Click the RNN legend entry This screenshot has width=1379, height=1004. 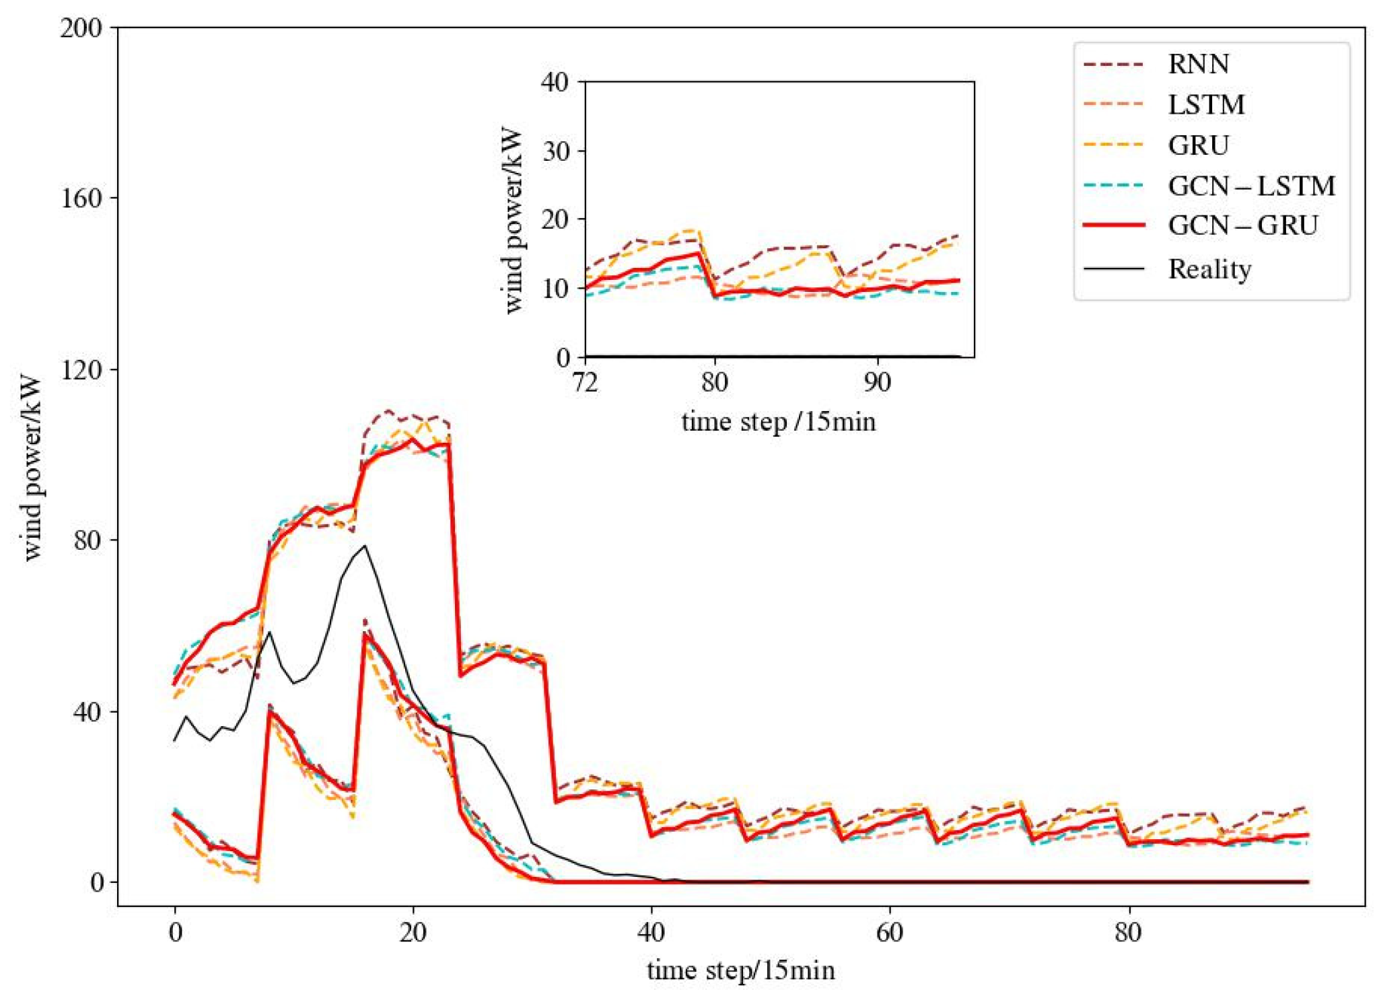point(1198,64)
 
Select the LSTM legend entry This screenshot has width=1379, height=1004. point(1205,104)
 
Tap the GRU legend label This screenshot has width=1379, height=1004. point(1198,145)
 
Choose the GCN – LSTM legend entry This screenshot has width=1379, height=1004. point(1250,186)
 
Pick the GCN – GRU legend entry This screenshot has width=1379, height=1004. point(1242,225)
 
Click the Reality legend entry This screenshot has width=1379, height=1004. point(1209,268)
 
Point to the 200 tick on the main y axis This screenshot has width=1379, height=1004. point(81,28)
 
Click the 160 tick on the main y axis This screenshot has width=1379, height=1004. point(81,199)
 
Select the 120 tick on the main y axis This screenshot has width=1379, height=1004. point(81,369)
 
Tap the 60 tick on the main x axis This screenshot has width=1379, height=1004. point(889,933)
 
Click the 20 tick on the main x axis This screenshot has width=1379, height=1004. point(413,933)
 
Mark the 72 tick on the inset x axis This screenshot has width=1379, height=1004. point(585,382)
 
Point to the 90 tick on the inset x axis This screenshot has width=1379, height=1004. point(877,382)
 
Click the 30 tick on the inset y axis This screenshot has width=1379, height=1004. point(556,151)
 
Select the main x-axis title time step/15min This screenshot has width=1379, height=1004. point(740,970)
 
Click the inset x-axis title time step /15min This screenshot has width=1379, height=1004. point(779,421)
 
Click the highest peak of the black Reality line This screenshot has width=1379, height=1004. point(365,546)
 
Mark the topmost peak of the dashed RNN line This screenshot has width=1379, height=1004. point(388,410)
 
